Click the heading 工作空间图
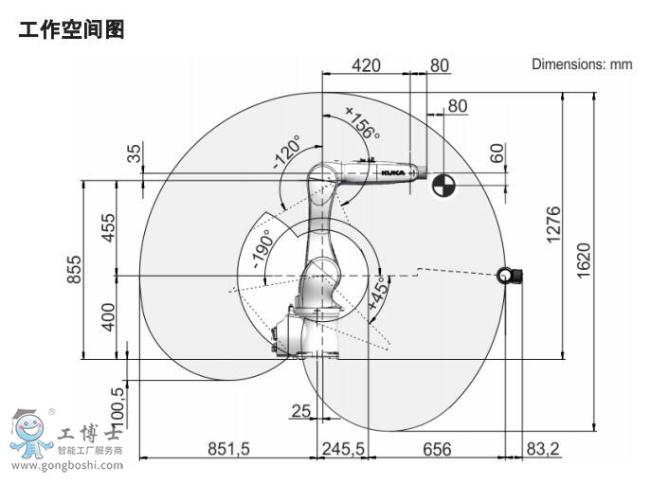click(72, 30)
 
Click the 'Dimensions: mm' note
click(581, 64)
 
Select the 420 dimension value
click(366, 65)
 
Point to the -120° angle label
click(287, 152)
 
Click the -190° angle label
click(262, 251)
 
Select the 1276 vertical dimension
click(554, 224)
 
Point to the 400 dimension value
click(110, 317)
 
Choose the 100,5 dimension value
click(118, 404)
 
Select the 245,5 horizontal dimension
click(343, 449)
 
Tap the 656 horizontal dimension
click(437, 449)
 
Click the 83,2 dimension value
click(540, 449)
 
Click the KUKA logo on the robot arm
click(392, 173)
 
